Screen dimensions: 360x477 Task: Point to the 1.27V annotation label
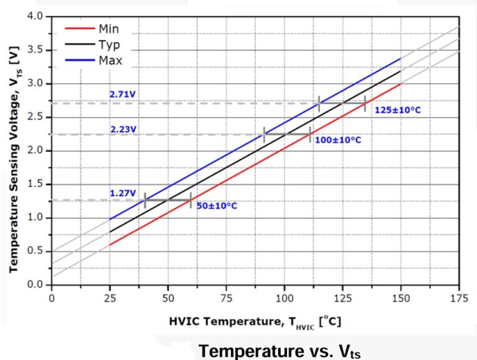click(123, 192)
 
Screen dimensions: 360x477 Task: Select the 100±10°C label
click(338, 140)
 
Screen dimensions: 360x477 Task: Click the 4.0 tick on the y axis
click(37, 16)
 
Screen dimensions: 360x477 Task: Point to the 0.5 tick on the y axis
click(37, 251)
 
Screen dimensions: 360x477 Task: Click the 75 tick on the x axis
click(226, 297)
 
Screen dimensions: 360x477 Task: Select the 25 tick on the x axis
click(109, 297)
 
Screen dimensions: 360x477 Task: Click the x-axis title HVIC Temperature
click(255, 322)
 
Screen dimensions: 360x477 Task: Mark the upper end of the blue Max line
click(401, 58)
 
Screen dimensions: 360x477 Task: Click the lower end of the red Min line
click(110, 245)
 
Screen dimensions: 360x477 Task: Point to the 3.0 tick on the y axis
click(37, 83)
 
